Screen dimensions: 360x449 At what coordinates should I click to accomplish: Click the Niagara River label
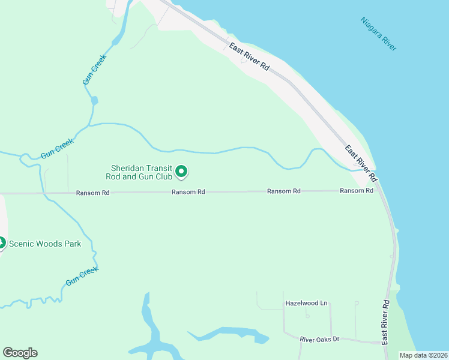[379, 34]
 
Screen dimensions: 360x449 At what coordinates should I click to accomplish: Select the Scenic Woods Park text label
[45, 244]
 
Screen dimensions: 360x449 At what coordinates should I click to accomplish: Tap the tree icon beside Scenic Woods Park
[2, 243]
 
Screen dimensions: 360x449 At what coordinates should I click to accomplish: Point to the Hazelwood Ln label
[306, 303]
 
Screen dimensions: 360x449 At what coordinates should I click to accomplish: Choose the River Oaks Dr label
[319, 339]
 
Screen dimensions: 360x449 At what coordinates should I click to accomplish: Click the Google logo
[20, 352]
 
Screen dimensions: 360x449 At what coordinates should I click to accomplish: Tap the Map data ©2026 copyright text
[423, 355]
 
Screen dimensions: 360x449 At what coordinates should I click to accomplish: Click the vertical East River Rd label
[386, 322]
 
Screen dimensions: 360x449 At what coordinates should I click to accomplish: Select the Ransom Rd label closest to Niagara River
[357, 190]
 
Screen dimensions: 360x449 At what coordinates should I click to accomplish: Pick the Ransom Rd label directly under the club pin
[188, 192]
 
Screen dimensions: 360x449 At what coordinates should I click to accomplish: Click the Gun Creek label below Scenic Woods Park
[82, 276]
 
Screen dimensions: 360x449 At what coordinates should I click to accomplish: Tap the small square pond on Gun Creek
[94, 100]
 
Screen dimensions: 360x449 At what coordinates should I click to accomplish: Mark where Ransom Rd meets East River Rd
[380, 191]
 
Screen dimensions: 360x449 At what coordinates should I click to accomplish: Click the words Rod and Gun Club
[142, 176]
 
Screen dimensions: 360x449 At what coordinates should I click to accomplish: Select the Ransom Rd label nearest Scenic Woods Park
[93, 193]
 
